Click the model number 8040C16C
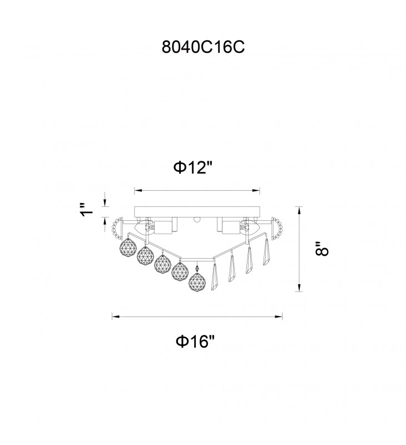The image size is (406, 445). [203, 47]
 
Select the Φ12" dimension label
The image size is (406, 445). [193, 167]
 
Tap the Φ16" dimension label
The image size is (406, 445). [195, 341]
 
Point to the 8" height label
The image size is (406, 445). [321, 249]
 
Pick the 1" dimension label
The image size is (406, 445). [87, 210]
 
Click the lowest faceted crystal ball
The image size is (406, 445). [197, 282]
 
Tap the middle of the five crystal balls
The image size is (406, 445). [162, 263]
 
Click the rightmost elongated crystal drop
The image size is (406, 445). [266, 252]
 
